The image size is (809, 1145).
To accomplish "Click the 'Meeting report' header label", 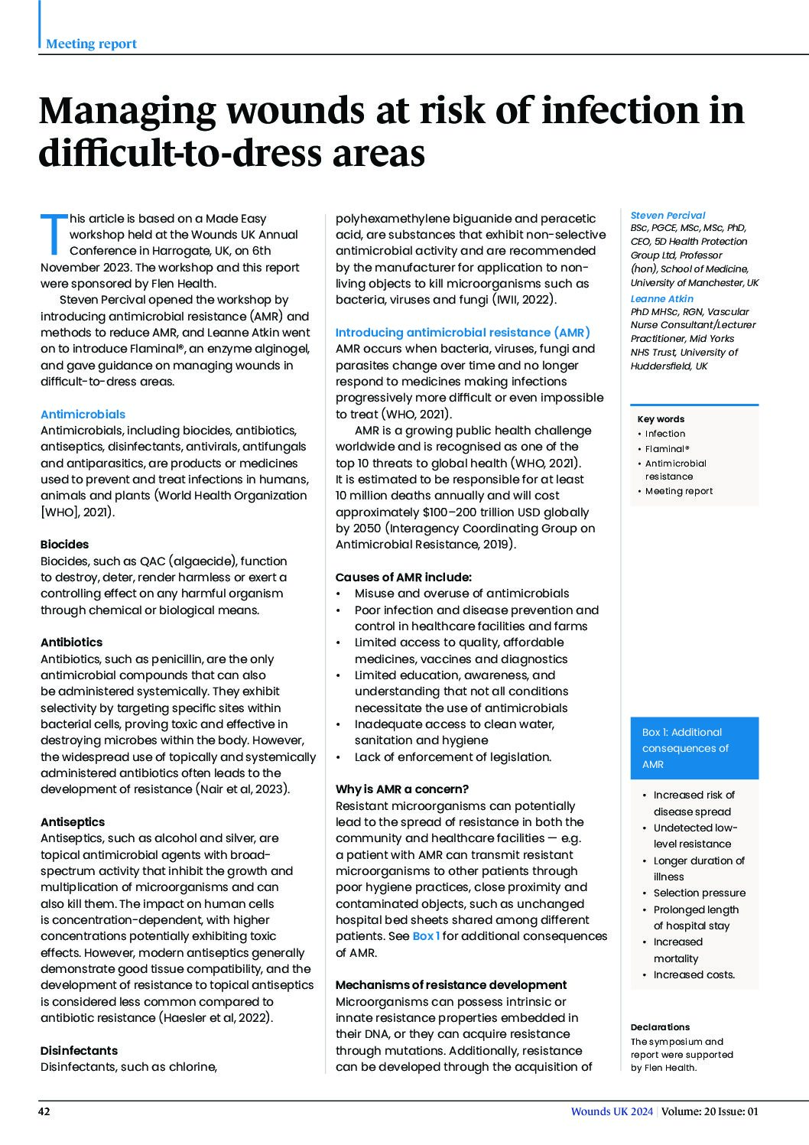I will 91,44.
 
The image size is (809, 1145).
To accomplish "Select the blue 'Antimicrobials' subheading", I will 83,414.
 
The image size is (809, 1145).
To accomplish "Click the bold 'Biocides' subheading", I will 64,545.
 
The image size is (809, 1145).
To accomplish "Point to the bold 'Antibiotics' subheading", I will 71,642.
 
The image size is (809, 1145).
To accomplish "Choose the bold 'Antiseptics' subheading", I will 73,822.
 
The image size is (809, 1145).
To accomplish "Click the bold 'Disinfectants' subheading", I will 79,1051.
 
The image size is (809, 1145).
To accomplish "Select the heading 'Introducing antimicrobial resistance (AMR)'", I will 463,333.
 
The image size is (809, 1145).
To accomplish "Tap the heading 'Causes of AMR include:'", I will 404,577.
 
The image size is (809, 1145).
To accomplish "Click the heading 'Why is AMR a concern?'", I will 402,789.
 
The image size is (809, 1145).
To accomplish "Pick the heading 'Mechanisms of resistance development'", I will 451,985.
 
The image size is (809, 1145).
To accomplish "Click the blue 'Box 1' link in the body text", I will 426,936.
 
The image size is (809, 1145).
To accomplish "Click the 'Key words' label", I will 661,419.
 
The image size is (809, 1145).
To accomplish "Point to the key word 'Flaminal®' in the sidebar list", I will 667,449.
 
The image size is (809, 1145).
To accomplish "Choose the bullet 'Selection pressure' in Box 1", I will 699,893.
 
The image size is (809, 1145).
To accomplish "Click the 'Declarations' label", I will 660,1027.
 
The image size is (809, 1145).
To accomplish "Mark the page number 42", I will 44,1112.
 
